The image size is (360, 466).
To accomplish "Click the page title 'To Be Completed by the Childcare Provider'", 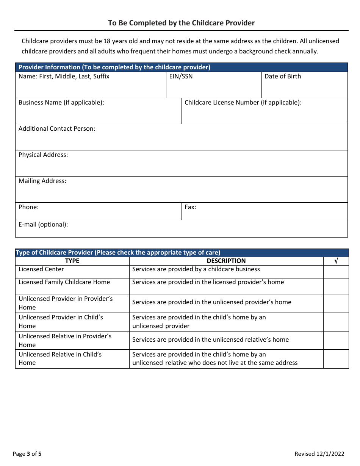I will pos(181,23).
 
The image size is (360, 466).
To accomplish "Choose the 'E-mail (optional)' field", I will pos(181,231).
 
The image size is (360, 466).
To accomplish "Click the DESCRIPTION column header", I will pos(226,261).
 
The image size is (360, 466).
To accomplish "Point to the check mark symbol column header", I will pos(336,261).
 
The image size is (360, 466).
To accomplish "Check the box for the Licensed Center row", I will pos(336,272).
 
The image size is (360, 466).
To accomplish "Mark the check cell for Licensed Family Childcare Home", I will pos(336,286).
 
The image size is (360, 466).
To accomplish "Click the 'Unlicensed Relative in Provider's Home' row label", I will pos(65,340).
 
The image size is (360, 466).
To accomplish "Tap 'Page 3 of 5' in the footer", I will pos(27,454).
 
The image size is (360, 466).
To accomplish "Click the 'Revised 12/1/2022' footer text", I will pos(319,454).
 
